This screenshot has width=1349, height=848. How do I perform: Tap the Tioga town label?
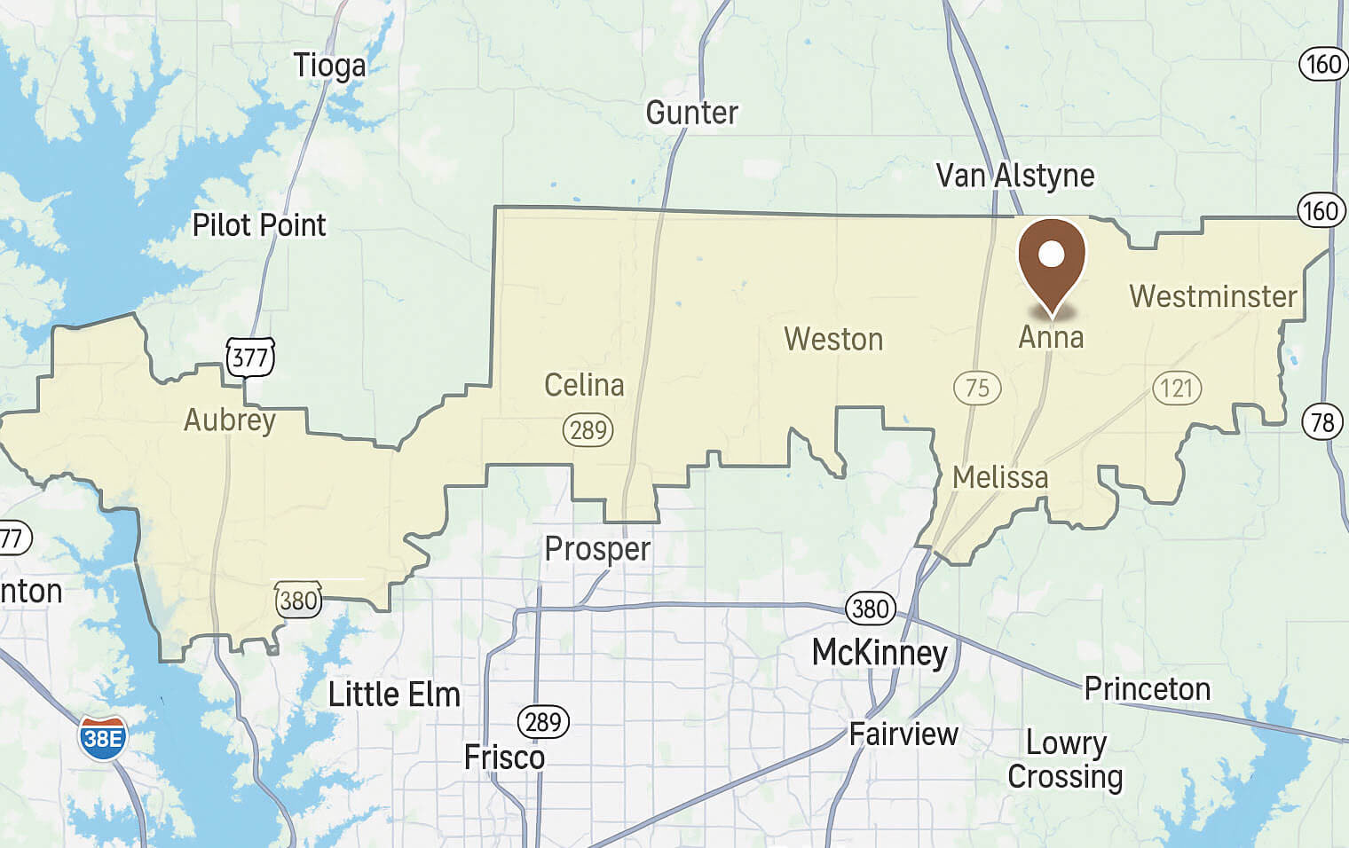point(329,66)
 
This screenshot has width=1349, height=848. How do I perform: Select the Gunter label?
point(691,113)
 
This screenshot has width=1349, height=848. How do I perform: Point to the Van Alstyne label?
point(1014,176)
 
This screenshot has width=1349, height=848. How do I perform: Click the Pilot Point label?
point(259,225)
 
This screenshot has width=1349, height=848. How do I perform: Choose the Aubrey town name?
point(230,420)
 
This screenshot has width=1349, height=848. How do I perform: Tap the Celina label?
point(584,385)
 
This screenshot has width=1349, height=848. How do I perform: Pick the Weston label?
point(833,339)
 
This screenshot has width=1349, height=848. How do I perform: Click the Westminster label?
point(1212,296)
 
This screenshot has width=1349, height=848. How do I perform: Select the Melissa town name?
point(1000,477)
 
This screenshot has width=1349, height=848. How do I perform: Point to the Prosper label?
point(597,549)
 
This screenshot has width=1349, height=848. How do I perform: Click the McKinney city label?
point(880,654)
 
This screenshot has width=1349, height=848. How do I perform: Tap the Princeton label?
point(1147,688)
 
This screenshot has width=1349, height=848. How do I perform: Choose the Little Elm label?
point(394,695)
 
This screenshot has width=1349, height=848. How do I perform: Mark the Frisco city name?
point(504,758)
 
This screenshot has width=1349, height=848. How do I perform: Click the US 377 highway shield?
point(250,357)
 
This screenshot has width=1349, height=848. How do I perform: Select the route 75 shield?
point(977,388)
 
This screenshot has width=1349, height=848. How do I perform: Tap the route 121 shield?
point(1177,388)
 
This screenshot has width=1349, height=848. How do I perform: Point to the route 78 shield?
point(1322,421)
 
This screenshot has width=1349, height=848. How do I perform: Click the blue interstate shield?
point(103,738)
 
